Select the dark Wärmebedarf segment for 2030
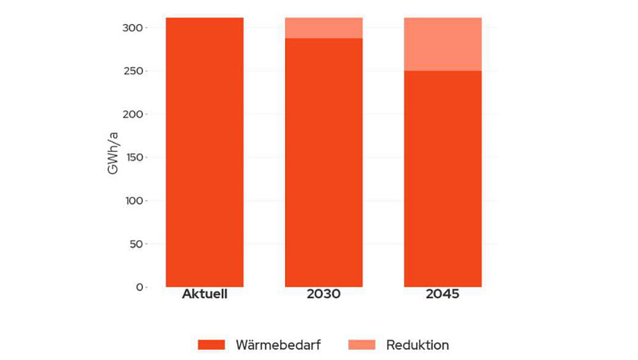pyautogui.click(x=323, y=162)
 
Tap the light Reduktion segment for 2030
pyautogui.click(x=323, y=27)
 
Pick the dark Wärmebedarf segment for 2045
pyautogui.click(x=443, y=179)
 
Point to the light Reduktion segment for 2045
pyautogui.click(x=443, y=44)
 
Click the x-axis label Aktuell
pyautogui.click(x=204, y=295)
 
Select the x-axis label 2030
pyautogui.click(x=323, y=295)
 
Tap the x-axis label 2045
pyautogui.click(x=443, y=295)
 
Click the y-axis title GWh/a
pyautogui.click(x=113, y=153)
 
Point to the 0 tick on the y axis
pyautogui.click(x=139, y=287)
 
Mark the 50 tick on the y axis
pyautogui.click(x=136, y=244)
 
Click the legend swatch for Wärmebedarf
pyautogui.click(x=211, y=345)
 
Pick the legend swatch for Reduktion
pyautogui.click(x=361, y=345)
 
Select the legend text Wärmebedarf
pyautogui.click(x=278, y=345)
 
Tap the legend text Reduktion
pyautogui.click(x=417, y=345)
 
